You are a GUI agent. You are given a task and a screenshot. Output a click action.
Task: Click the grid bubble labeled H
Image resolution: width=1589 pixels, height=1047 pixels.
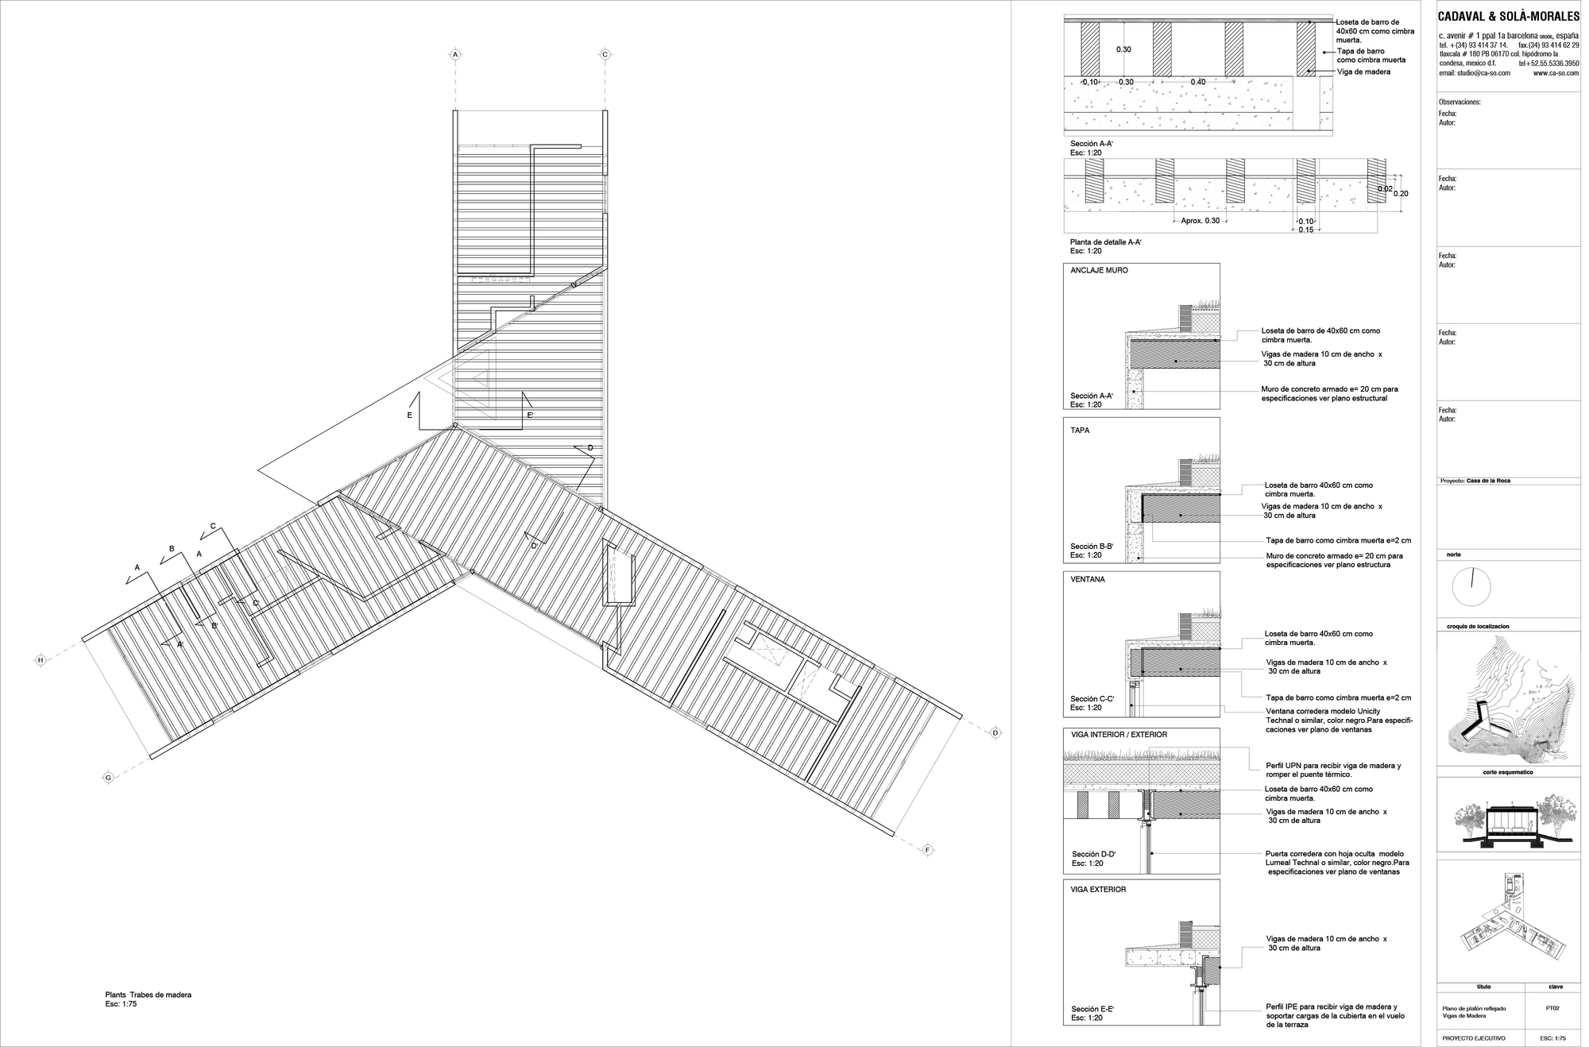40,659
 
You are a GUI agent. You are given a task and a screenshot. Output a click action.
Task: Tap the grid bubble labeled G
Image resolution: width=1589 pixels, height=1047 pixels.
108,778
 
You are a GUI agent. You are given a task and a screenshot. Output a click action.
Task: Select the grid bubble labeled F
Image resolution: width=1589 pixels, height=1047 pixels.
927,850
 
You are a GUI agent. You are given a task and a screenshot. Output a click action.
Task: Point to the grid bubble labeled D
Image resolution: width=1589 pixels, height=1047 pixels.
996,733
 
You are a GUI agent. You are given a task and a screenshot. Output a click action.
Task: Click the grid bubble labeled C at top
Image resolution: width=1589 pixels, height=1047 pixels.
605,54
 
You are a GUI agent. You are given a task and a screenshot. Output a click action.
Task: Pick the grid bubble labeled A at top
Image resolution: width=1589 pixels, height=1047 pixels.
455,54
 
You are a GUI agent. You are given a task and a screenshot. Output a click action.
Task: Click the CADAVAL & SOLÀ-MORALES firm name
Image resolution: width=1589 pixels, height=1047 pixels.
1508,17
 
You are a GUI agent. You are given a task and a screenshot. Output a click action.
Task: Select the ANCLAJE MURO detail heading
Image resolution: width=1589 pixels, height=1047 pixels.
1099,270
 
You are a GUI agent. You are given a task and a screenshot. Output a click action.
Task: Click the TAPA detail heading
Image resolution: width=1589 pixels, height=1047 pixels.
1080,430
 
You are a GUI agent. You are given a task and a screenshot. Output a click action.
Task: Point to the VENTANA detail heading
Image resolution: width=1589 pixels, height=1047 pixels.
1087,579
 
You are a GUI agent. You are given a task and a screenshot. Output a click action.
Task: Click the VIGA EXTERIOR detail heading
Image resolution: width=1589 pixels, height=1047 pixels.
1098,889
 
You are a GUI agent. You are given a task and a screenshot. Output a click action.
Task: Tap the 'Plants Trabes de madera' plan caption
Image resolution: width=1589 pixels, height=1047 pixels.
149,995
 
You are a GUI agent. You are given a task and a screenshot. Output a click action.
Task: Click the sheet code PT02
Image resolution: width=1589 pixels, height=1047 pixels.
1552,1008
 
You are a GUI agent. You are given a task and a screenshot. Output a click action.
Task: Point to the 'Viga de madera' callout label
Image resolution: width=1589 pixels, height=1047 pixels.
1363,72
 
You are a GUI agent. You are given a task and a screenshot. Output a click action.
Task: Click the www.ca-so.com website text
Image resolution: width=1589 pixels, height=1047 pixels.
1556,72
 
